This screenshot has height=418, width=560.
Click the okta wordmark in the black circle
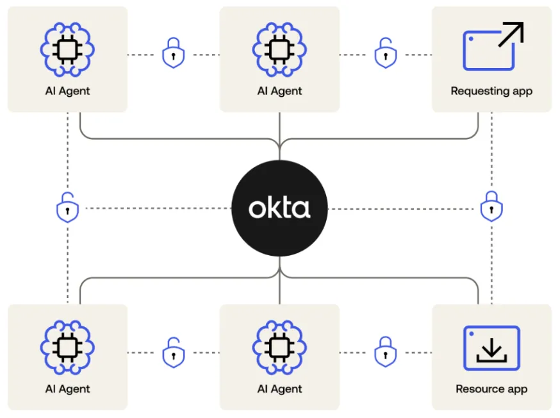click(279, 209)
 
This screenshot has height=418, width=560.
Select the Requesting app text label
click(491, 91)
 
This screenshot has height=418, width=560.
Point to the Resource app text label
click(491, 389)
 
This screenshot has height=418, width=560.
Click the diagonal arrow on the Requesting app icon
click(510, 35)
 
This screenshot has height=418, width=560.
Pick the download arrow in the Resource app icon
click(491, 350)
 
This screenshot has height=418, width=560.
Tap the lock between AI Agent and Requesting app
click(385, 54)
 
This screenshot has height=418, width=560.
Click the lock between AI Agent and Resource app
click(385, 352)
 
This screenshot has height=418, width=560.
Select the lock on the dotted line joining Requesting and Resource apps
click(491, 208)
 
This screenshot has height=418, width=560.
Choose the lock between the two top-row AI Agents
click(173, 54)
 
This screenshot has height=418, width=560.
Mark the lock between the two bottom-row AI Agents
click(173, 352)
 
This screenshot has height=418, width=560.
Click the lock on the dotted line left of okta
click(67, 208)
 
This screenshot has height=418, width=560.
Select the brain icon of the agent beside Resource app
click(279, 347)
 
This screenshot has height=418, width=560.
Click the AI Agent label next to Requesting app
click(279, 91)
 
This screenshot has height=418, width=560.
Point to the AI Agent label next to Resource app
click(279, 389)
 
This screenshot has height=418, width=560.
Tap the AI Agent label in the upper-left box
click(67, 91)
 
